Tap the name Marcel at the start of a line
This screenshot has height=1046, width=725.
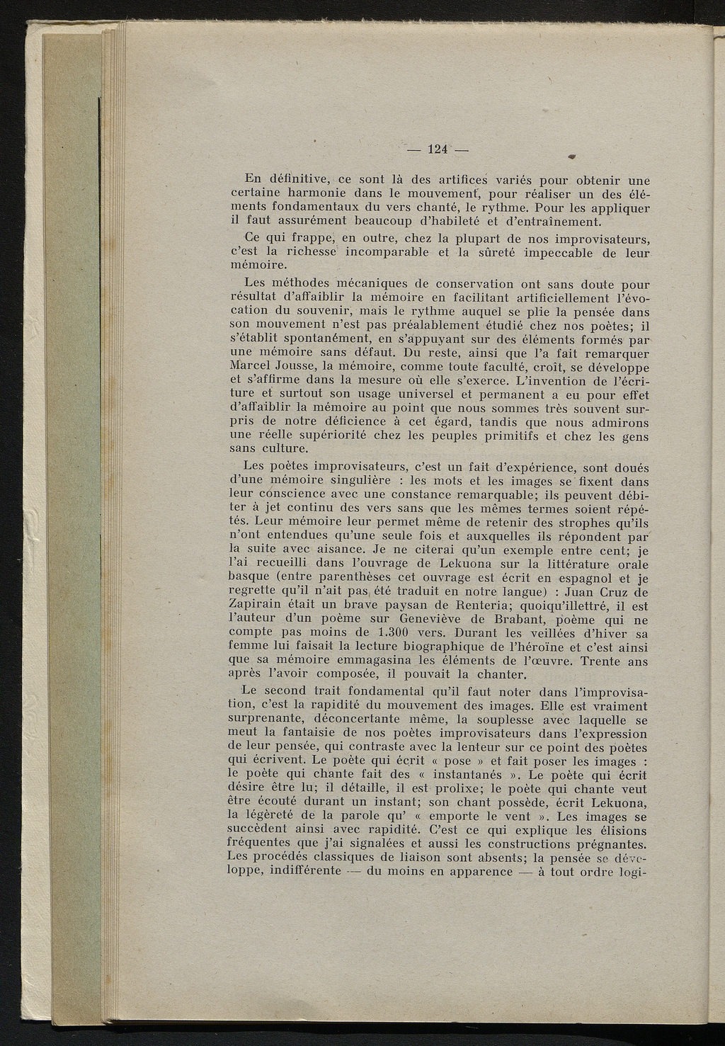[x=253, y=368]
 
